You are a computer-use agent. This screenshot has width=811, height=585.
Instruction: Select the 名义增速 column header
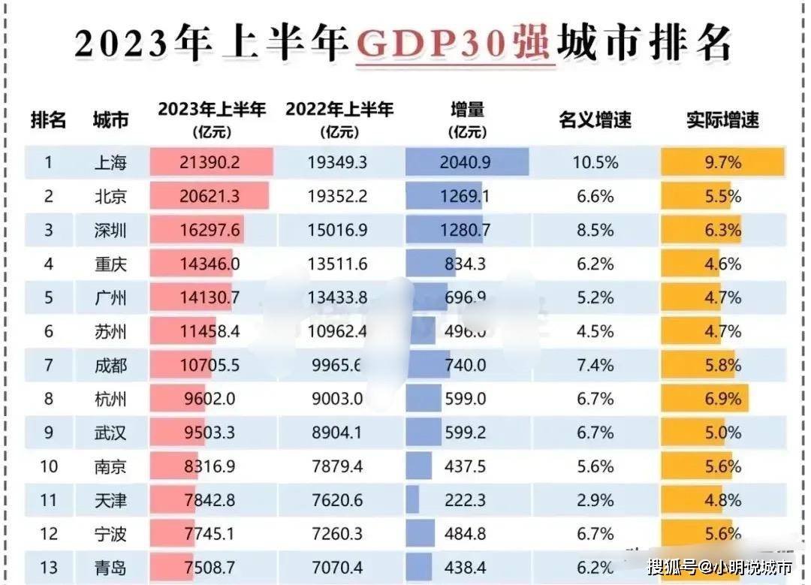pyautogui.click(x=595, y=119)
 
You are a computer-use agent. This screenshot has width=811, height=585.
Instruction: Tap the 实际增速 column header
pyautogui.click(x=722, y=119)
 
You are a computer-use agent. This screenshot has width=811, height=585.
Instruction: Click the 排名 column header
pyautogui.click(x=49, y=119)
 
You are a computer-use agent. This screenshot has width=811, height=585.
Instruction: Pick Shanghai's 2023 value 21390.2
pyautogui.click(x=211, y=162)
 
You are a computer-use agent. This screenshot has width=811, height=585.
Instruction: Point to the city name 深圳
pyautogui.click(x=110, y=230)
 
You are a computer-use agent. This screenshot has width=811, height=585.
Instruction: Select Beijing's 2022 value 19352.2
pyautogui.click(x=337, y=196)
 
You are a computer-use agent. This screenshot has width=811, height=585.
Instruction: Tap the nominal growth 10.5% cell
pyautogui.click(x=595, y=162)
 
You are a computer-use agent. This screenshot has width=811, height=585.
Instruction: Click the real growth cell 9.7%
pyautogui.click(x=722, y=162)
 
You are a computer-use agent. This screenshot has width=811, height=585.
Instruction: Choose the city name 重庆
pyautogui.click(x=110, y=264)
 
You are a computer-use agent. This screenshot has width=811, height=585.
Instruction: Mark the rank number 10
pyautogui.click(x=49, y=466)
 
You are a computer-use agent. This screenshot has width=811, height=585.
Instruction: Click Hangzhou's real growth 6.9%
pyautogui.click(x=722, y=399)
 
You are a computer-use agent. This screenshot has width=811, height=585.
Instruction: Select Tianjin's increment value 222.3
pyautogui.click(x=466, y=500)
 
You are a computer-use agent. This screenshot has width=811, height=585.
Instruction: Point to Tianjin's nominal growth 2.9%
pyautogui.click(x=595, y=500)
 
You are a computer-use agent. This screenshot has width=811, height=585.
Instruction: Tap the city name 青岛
pyautogui.click(x=110, y=568)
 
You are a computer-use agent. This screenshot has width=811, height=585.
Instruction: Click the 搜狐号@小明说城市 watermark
pyautogui.click(x=719, y=566)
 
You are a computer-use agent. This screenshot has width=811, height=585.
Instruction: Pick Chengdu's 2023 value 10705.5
pyautogui.click(x=211, y=365)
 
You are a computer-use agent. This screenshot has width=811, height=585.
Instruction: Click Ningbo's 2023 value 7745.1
pyautogui.click(x=211, y=534)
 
